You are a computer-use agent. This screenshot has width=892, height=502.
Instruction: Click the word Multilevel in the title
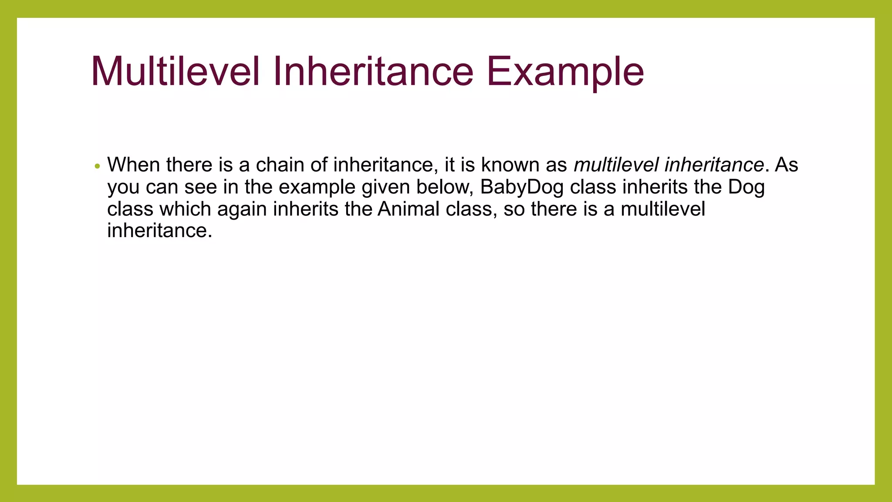pos(176,71)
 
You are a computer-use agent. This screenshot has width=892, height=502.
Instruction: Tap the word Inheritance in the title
pos(373,71)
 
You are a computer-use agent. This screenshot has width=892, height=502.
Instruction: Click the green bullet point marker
pos(98,166)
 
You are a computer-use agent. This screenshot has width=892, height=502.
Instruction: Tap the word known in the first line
pos(510,165)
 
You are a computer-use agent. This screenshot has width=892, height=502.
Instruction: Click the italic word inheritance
pos(714,165)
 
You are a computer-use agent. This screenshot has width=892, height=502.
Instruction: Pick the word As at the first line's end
pos(787,165)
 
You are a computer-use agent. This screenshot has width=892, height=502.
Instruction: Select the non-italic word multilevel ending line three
pos(662,209)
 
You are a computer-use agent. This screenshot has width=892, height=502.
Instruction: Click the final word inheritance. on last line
pos(159,231)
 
